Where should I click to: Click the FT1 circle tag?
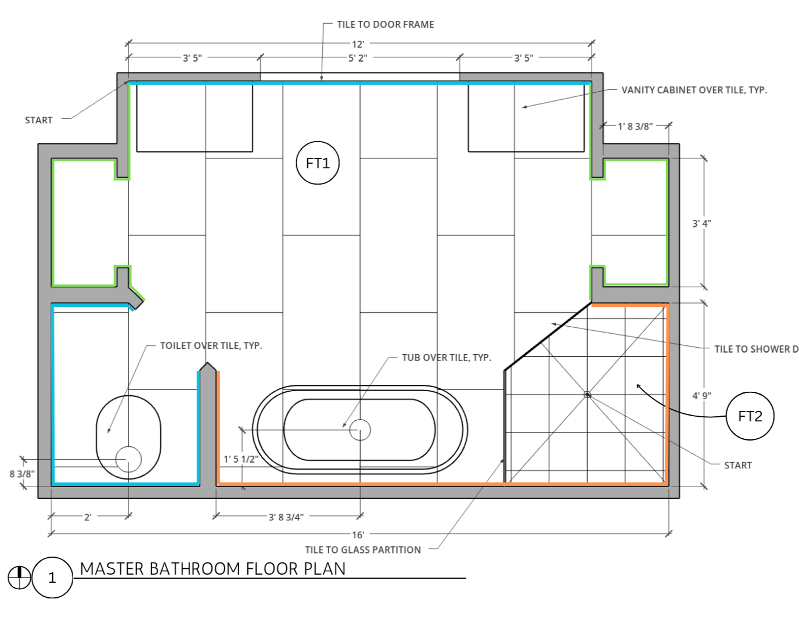(x=318, y=163)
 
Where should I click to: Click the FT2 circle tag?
(x=750, y=416)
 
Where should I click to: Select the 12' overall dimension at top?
(x=358, y=44)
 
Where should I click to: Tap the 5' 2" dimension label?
(x=358, y=58)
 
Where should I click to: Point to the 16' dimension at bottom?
(x=358, y=535)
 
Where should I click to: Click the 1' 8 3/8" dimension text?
(x=635, y=127)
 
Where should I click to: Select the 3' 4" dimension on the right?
(x=701, y=223)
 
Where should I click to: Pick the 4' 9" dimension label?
(x=701, y=396)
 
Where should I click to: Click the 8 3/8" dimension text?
(x=22, y=474)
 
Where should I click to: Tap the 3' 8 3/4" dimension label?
(x=286, y=517)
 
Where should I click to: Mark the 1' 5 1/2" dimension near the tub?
(x=241, y=459)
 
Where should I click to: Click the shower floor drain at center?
(x=587, y=395)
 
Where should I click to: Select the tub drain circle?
(x=360, y=430)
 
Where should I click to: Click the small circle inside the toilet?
(x=128, y=460)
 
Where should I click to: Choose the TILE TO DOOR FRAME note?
(x=386, y=24)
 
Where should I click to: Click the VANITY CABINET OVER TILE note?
(x=694, y=90)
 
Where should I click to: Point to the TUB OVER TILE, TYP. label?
(x=447, y=358)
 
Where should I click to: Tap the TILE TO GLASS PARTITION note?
(x=363, y=550)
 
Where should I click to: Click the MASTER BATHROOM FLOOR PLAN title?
(x=213, y=569)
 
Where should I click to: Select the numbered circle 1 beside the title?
(x=52, y=578)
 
